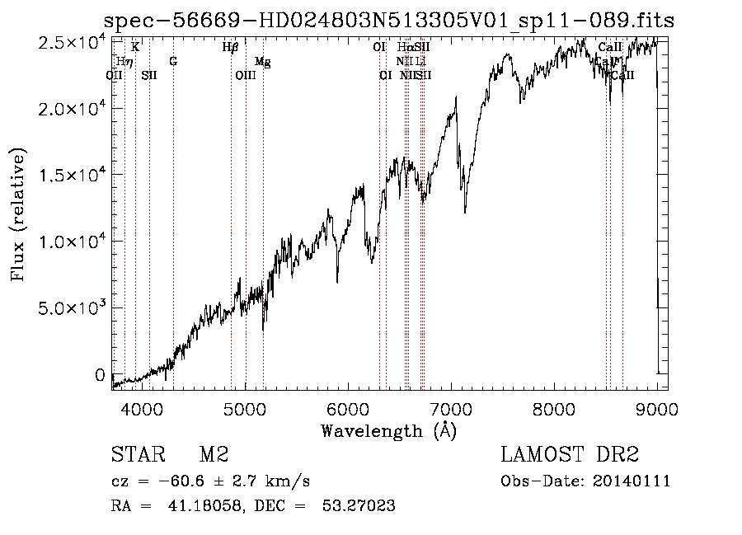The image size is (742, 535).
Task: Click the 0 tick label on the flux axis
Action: point(101,375)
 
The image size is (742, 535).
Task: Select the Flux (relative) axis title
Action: point(18,214)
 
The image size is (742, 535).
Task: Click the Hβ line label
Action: point(231,47)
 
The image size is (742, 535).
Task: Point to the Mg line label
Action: point(262,61)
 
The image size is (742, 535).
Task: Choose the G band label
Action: point(173,61)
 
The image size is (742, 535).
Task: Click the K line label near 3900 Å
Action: point(135,47)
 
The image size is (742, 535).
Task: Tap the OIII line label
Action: point(246,75)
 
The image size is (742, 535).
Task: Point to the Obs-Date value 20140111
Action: point(635,481)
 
